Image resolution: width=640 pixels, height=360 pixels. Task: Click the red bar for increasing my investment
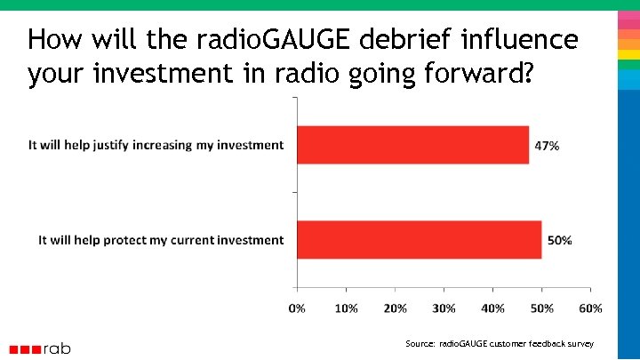pos(413,145)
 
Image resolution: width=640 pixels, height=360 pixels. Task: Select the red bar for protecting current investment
pos(420,240)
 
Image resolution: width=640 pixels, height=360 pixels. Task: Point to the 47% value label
pos(547,146)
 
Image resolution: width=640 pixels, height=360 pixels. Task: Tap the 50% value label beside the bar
pos(559,240)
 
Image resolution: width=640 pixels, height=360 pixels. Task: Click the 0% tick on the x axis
pos(297,308)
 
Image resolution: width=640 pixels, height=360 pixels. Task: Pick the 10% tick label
pos(346,308)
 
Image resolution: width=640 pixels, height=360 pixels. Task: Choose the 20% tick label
pos(395,308)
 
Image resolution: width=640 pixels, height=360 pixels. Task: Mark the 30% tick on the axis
pos(444,308)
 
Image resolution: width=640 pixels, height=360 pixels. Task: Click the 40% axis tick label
pos(492,308)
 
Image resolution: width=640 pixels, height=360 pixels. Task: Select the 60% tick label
pos(590,308)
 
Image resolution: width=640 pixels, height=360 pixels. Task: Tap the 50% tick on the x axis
pos(541,308)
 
